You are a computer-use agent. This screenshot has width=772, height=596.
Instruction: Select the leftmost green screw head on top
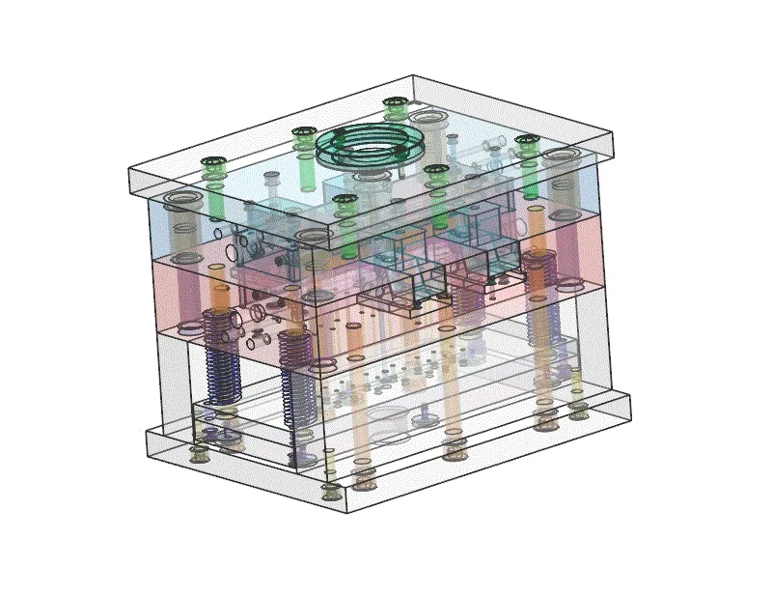click(x=211, y=163)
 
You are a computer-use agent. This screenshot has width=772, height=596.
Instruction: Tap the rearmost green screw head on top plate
click(x=394, y=101)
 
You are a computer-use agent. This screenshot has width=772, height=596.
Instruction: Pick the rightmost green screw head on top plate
click(x=527, y=142)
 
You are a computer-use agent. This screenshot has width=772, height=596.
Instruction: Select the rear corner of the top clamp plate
click(x=412, y=75)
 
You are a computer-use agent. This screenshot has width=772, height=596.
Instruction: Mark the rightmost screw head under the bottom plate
click(x=579, y=413)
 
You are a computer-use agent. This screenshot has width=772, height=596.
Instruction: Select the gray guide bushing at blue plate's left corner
click(x=181, y=202)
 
